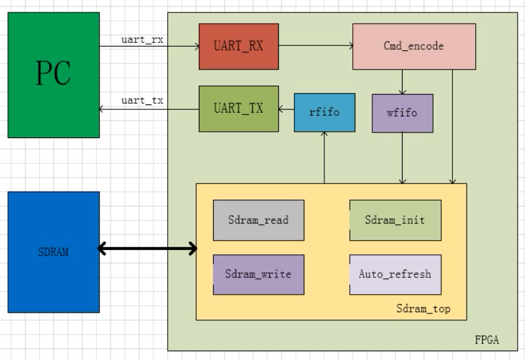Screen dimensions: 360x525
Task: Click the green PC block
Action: click(x=53, y=75)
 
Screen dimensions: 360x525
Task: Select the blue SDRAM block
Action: click(x=53, y=252)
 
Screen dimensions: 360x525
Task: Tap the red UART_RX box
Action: click(x=239, y=46)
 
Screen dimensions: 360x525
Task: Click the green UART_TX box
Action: click(x=239, y=109)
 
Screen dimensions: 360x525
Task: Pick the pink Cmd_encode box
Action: click(x=414, y=46)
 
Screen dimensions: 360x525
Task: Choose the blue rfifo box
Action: click(x=324, y=113)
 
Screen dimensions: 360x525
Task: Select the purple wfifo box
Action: click(x=402, y=113)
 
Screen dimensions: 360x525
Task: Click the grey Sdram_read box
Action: click(x=258, y=220)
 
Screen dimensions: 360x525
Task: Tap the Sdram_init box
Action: click(x=395, y=220)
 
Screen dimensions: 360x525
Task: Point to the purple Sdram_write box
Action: click(x=258, y=274)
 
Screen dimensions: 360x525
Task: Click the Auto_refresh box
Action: click(x=395, y=274)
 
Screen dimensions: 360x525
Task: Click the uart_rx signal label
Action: click(x=142, y=39)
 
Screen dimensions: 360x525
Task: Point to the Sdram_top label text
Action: click(x=423, y=309)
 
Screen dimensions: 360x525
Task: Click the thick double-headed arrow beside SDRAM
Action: click(x=148, y=250)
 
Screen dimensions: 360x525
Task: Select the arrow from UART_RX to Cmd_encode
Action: click(x=316, y=46)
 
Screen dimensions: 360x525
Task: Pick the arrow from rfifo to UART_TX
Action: click(x=286, y=109)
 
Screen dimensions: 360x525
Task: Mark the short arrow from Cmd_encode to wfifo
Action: click(x=403, y=81)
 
